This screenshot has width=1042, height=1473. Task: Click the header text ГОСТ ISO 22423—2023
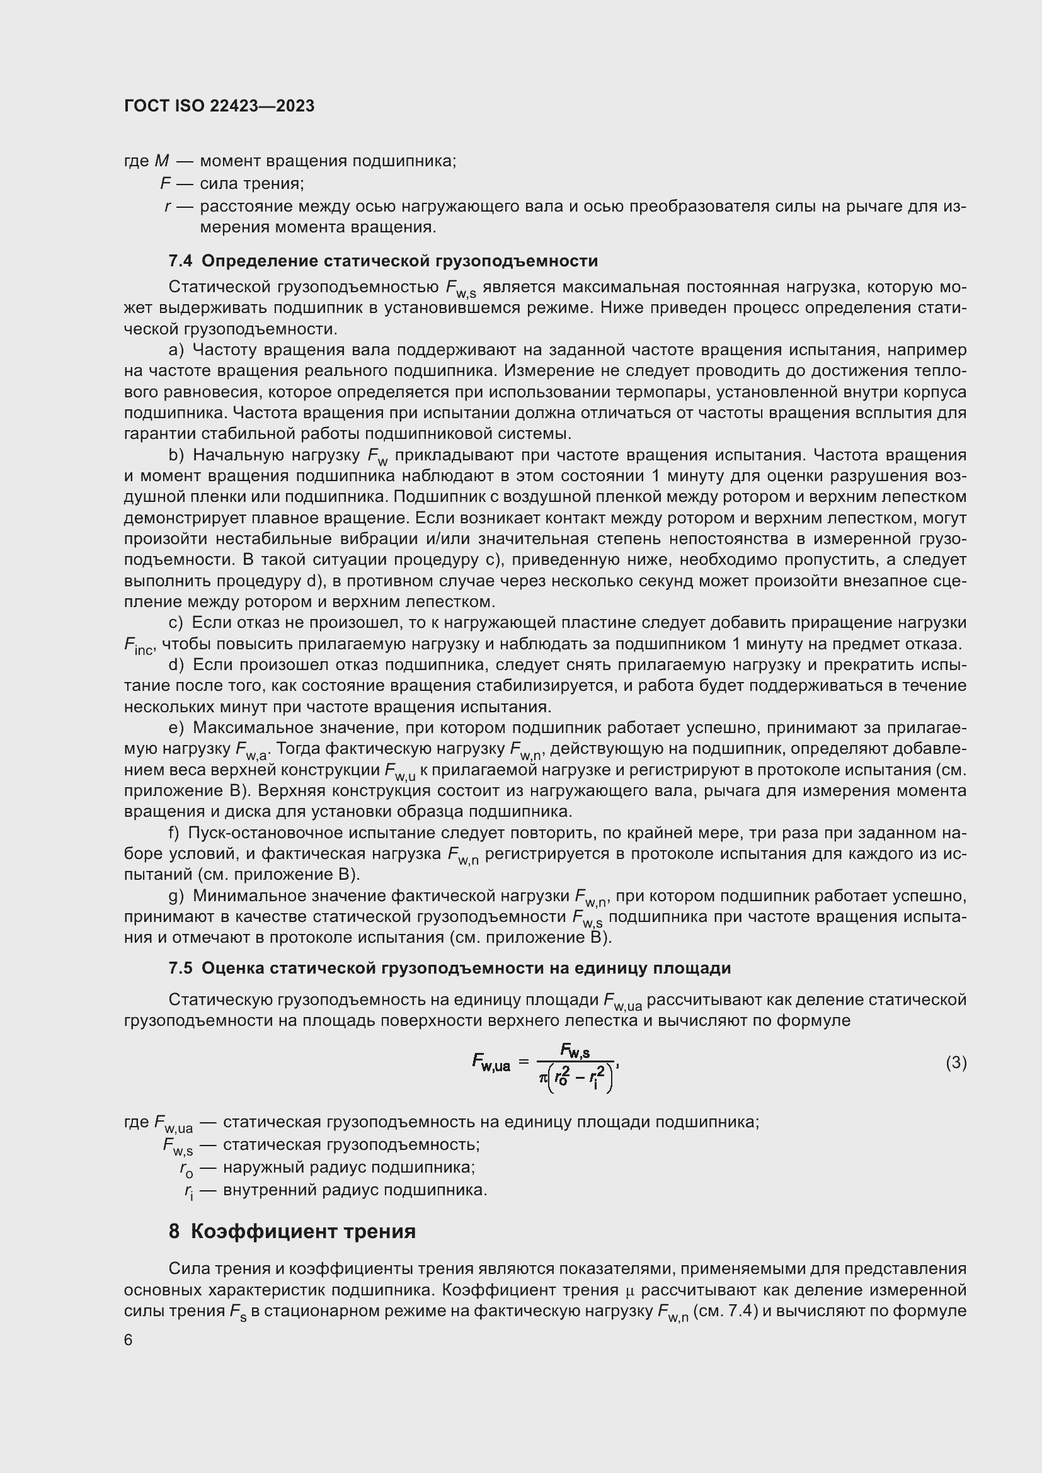point(219,106)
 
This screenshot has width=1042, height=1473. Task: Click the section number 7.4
point(180,261)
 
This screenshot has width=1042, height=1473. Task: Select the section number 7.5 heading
point(180,968)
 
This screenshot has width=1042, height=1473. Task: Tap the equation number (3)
point(956,1063)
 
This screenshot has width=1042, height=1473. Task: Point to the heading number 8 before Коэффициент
point(175,1232)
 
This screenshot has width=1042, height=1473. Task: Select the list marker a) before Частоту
point(176,350)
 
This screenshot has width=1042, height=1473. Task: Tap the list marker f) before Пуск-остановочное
point(174,833)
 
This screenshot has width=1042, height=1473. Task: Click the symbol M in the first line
point(162,161)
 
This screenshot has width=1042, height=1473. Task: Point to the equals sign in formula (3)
point(524,1063)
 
